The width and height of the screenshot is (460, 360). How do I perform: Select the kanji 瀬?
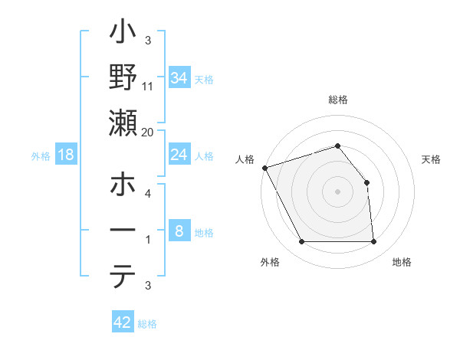tap(123, 124)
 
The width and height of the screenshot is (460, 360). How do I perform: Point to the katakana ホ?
tap(123, 186)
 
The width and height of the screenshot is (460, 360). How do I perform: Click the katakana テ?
tap(123, 277)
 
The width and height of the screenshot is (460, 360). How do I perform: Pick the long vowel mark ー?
tap(123, 231)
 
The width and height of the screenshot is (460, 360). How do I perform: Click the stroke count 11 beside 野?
tap(148, 87)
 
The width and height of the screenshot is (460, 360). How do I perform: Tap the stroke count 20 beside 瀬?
tap(148, 132)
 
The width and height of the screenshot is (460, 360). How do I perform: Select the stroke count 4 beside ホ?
tap(148, 194)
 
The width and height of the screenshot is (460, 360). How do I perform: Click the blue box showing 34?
tap(179, 77)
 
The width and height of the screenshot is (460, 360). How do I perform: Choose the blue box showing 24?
tap(179, 155)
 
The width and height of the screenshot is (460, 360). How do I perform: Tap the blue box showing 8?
tap(179, 231)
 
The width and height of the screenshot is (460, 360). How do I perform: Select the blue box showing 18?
tap(66, 155)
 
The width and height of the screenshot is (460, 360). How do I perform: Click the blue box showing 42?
tap(122, 322)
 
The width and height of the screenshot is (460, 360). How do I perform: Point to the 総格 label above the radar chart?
tap(337, 100)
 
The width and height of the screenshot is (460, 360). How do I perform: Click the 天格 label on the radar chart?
tap(432, 159)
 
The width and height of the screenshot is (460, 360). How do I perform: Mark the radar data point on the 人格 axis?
tap(264, 168)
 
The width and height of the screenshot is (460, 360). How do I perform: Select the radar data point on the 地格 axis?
tap(373, 242)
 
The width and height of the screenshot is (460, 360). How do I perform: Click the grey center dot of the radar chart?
tap(337, 191)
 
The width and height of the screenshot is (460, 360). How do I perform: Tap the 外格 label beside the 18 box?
tap(41, 155)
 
